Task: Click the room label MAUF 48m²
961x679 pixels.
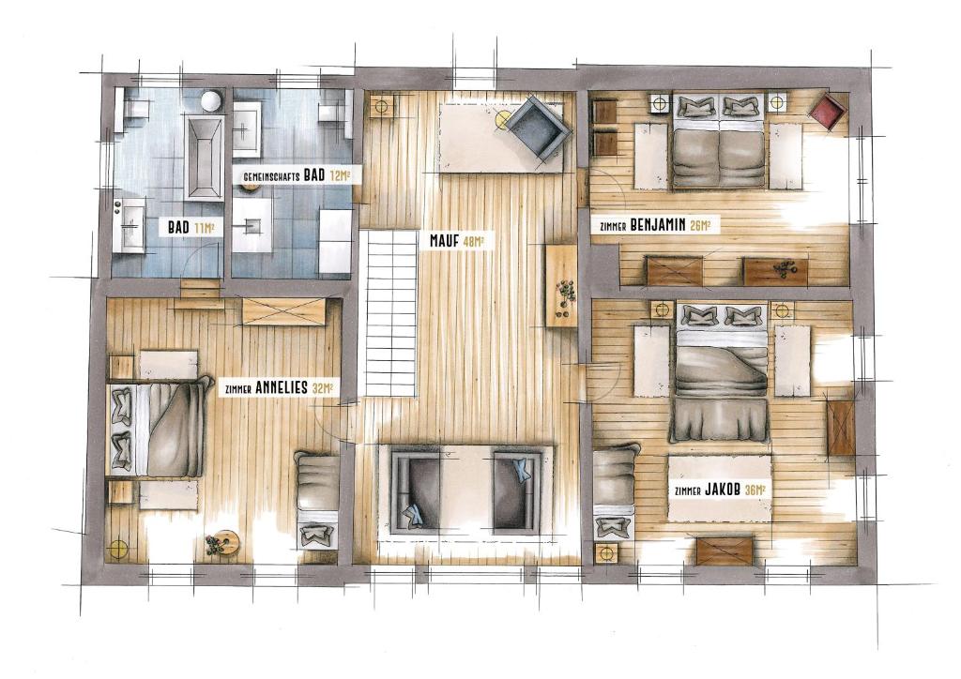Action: tap(458, 241)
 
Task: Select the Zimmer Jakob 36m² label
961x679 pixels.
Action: tap(720, 490)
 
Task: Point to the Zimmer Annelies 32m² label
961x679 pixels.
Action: tap(279, 387)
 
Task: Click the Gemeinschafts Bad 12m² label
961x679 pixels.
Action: tap(297, 175)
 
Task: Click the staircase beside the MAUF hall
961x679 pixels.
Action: tap(390, 313)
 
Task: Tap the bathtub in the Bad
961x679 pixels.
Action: tap(204, 158)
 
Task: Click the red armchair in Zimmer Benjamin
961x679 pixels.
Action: tap(827, 111)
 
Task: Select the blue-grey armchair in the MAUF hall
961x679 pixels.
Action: tap(535, 128)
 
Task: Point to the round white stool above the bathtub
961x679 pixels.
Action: tap(212, 101)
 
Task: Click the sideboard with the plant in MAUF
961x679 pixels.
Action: tap(562, 286)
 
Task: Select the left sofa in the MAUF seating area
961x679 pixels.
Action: tap(416, 490)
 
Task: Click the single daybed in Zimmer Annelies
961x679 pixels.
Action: tap(317, 499)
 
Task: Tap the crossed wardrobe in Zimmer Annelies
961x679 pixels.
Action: tap(283, 311)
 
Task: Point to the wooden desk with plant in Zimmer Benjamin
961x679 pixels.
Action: tap(776, 271)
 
